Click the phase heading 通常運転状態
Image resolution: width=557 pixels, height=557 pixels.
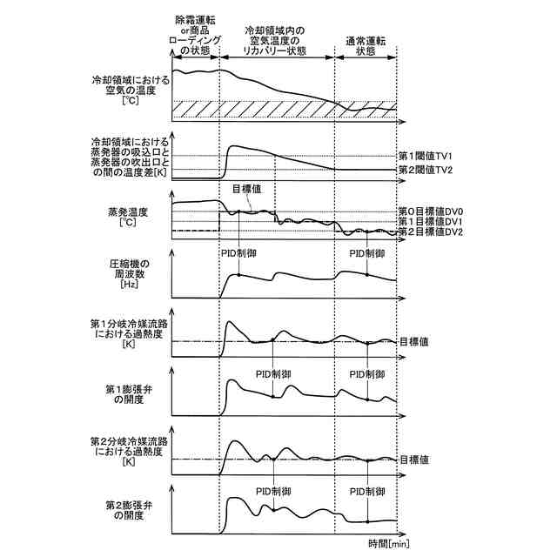click(366, 45)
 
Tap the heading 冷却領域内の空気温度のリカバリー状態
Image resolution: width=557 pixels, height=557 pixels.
click(277, 39)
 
